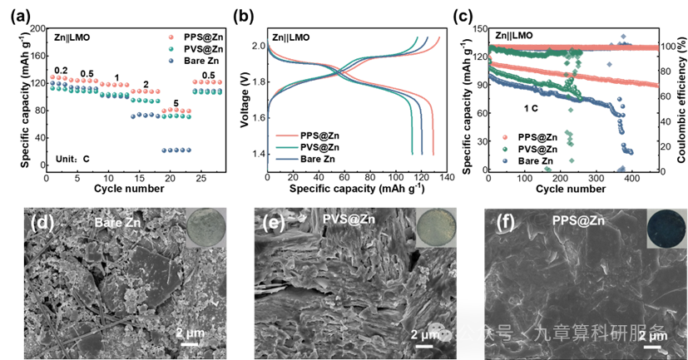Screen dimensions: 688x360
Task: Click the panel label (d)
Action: [x=41, y=223]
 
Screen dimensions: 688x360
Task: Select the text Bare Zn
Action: [x=118, y=223]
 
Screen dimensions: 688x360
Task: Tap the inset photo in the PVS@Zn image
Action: [x=435, y=228]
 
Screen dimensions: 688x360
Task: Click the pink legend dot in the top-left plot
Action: [x=171, y=37]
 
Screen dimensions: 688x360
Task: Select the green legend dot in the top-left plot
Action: [x=171, y=49]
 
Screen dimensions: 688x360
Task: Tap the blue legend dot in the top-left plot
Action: [x=171, y=61]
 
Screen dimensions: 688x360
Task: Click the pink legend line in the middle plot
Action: [x=286, y=135]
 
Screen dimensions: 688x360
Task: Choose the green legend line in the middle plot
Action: [x=286, y=146]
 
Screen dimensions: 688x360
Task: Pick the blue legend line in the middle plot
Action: [x=286, y=158]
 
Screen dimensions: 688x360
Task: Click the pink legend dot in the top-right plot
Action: [x=505, y=136]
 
